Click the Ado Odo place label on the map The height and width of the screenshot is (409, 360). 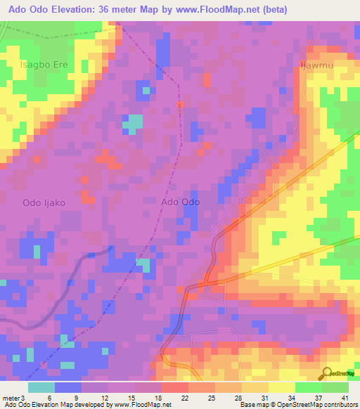[x=181, y=202]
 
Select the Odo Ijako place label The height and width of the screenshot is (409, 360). [x=44, y=202]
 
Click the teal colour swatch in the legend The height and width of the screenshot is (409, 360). [x=41, y=387]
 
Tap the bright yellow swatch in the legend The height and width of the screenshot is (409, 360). [x=282, y=387]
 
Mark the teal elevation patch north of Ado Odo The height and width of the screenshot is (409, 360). [x=132, y=124]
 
